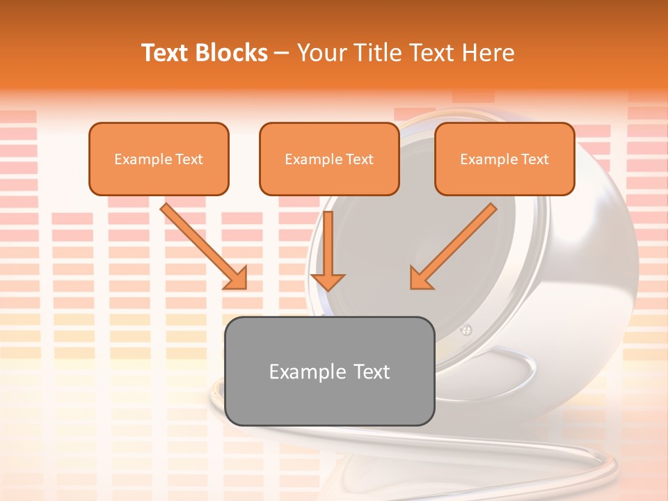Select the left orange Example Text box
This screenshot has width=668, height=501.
[159, 159]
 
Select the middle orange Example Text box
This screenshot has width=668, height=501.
[329, 159]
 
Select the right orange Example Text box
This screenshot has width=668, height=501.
[504, 159]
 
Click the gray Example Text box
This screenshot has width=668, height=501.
[330, 371]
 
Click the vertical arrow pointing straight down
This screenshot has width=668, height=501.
[328, 250]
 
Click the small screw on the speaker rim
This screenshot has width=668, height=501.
[467, 330]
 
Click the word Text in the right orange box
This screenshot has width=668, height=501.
[535, 159]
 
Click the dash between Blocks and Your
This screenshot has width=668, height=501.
[282, 54]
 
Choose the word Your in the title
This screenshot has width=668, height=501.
[321, 53]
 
